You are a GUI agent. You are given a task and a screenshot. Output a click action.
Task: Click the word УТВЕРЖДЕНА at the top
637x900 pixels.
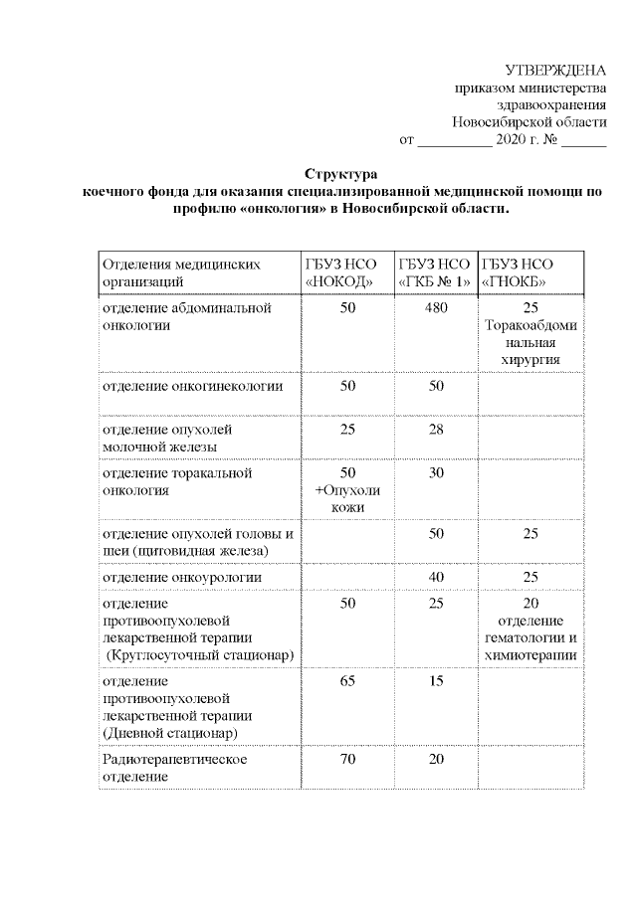(x=556, y=70)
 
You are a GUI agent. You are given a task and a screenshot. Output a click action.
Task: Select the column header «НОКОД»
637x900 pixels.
(x=341, y=282)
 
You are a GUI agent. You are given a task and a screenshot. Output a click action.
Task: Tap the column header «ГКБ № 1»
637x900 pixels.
(x=435, y=282)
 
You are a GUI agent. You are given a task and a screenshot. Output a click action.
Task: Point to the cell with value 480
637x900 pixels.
(x=436, y=308)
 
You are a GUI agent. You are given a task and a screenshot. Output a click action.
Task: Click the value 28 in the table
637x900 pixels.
(x=436, y=429)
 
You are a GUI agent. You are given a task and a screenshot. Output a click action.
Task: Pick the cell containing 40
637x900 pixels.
(x=436, y=577)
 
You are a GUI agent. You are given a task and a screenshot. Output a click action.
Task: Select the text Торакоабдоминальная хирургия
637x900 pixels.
(x=530, y=342)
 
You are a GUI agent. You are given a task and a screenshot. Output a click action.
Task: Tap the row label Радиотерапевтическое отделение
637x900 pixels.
(x=174, y=767)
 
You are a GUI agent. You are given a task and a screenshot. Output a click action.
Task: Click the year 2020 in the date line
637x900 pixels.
(x=512, y=140)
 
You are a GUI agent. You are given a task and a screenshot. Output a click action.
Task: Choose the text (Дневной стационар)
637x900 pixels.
(x=170, y=733)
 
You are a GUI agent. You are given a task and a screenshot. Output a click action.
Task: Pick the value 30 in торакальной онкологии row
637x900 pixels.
(x=436, y=472)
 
